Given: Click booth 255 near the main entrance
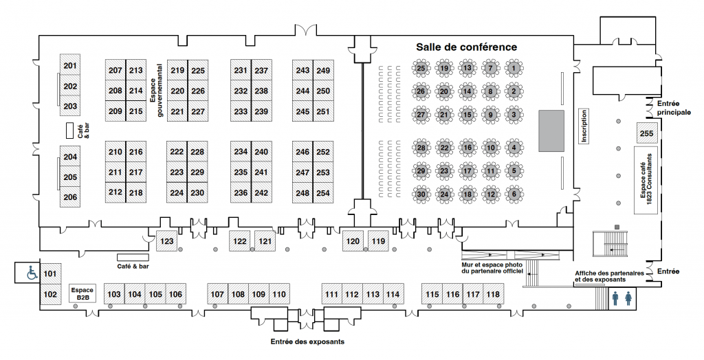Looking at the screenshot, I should (x=646, y=133).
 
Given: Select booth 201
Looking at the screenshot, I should (x=70, y=66).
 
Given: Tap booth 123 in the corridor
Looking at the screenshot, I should (x=166, y=242).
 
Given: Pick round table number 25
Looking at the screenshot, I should (x=421, y=68).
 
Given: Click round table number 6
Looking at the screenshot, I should (x=514, y=194).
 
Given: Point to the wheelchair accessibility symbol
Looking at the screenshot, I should (x=32, y=273).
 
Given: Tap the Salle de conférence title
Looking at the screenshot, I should (x=466, y=47).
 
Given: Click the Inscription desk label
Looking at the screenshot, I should (x=584, y=126).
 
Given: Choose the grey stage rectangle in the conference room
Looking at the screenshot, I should (x=551, y=130).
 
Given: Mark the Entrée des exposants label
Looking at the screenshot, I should (x=308, y=341).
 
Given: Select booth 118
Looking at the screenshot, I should (x=493, y=295).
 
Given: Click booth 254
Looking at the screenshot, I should (x=323, y=193).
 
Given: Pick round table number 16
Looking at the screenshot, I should (x=467, y=147).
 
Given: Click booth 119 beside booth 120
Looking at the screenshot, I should (x=378, y=241).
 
